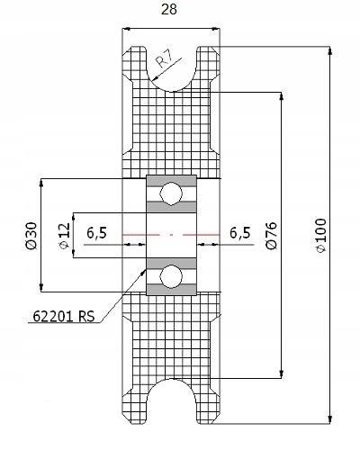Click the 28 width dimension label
pyautogui.click(x=169, y=9)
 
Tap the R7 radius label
pyautogui.click(x=166, y=60)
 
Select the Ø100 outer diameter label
pyautogui.click(x=320, y=236)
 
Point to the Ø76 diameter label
pyautogui.click(x=271, y=236)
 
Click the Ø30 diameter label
pyautogui.click(x=31, y=236)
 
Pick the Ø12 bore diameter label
pyautogui.click(x=65, y=236)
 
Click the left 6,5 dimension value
pyautogui.click(x=96, y=233)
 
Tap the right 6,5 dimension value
pyautogui.click(x=240, y=233)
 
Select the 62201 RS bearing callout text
pyautogui.click(x=64, y=316)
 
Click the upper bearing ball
pyautogui.click(x=171, y=193)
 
